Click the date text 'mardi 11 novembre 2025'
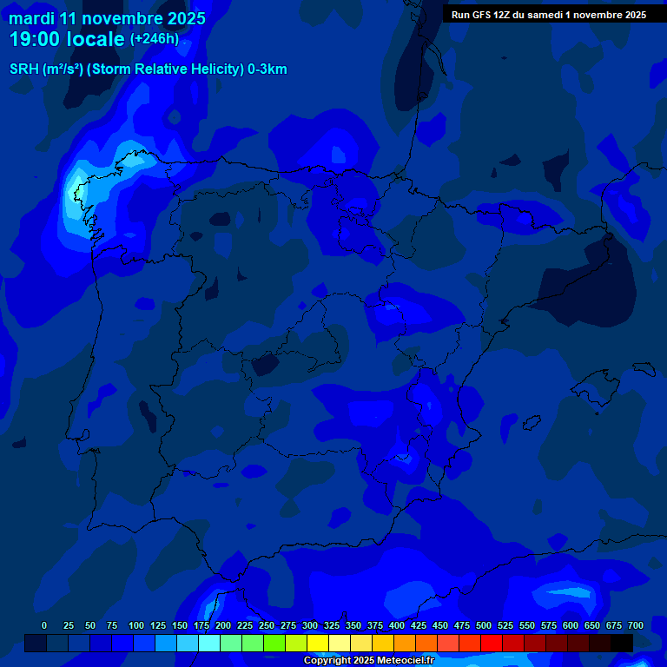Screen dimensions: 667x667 tap(107, 17)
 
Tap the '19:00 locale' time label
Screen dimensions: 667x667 tap(68, 39)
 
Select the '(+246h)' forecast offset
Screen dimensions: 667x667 tap(154, 39)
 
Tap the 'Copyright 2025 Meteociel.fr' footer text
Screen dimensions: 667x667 tap(368, 660)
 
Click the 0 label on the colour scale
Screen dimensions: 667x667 tap(44, 625)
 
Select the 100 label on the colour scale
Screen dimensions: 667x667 tap(136, 625)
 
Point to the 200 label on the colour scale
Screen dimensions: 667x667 tap(223, 625)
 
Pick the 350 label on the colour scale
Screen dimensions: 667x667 tap(353, 625)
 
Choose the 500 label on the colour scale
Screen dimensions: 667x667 tap(484, 625)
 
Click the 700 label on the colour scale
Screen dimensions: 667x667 tap(636, 625)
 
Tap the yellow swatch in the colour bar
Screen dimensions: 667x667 tap(318, 643)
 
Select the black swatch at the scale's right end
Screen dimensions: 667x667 tap(622, 643)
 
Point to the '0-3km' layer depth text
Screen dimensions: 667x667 tap(267, 69)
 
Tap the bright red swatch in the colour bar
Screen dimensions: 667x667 tap(492, 643)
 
